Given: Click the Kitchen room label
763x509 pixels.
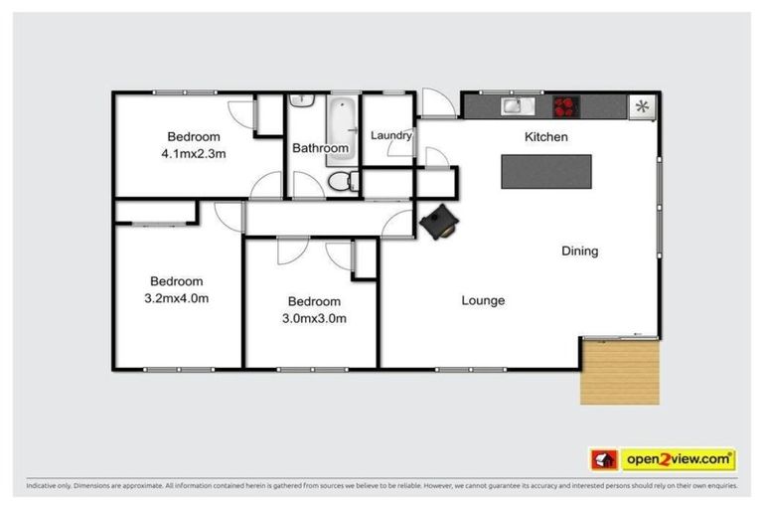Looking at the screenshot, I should point(545,137).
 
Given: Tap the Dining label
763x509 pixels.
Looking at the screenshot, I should point(579,251).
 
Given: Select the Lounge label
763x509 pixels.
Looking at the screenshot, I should point(483,300).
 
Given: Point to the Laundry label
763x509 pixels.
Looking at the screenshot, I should point(390,135).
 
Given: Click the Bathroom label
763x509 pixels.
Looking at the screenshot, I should point(320,148).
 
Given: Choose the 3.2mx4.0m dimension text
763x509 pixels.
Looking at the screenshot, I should point(177,297).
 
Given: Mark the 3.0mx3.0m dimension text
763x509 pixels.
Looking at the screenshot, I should point(314,318).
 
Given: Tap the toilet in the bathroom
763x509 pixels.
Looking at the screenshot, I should point(341,181).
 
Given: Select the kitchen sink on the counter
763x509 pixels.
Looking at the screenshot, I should point(515,104).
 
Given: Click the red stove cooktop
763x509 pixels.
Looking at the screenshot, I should point(565,104).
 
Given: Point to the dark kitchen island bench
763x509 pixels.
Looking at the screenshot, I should point(545,171).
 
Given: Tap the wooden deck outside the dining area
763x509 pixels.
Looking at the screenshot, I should point(620,371).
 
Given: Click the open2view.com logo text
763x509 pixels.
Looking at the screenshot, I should point(679,459).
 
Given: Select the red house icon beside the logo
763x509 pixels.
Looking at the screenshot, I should point(603,459).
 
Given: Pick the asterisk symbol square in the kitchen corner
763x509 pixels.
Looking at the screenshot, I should point(642,105).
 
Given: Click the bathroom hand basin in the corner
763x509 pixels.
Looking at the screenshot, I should point(301,101).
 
